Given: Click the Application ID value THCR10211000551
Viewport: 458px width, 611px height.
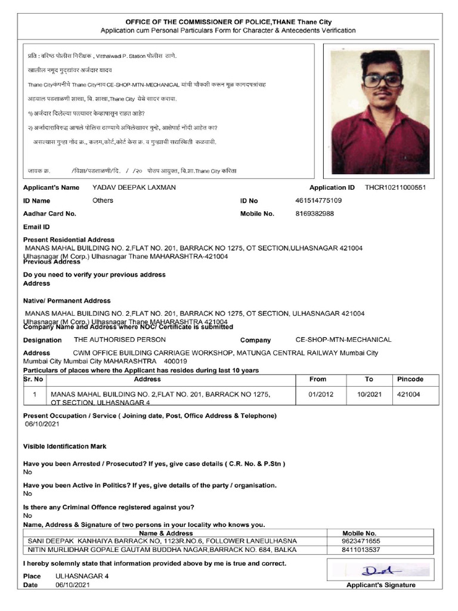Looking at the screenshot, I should click(x=395, y=187).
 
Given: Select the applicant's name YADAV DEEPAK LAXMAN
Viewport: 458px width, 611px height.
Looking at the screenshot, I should click(x=134, y=187).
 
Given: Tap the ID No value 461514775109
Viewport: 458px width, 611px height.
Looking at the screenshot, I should click(x=318, y=200).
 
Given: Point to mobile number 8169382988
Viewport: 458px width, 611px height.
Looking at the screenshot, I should click(x=314, y=213).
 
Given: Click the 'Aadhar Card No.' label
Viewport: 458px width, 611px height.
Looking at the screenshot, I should click(x=49, y=213).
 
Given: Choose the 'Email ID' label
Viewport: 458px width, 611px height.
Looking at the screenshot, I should click(x=36, y=227).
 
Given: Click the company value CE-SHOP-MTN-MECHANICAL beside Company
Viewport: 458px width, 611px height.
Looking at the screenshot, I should click(x=343, y=340).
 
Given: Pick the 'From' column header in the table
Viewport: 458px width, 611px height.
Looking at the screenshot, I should click(x=318, y=379).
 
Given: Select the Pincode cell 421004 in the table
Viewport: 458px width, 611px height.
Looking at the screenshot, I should click(x=409, y=394).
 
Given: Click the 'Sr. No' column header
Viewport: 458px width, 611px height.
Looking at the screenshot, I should click(x=34, y=379).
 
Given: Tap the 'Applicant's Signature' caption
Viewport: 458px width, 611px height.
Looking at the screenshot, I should click(x=380, y=585).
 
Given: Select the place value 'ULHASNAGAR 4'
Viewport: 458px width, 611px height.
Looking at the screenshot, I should click(x=82, y=576).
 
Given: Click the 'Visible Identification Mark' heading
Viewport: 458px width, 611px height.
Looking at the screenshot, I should click(x=64, y=446).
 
